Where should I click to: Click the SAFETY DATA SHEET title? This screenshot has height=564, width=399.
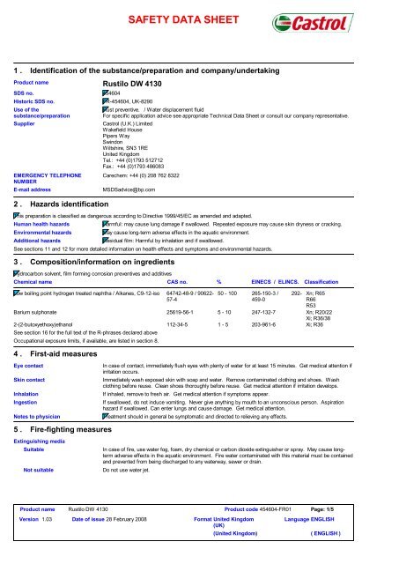pyautogui.click(x=198, y=19)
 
